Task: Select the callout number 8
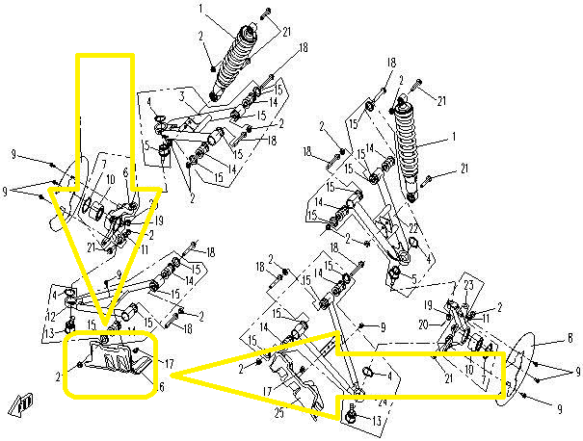(570, 338)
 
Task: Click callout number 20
(448, 324)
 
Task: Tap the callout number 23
(469, 285)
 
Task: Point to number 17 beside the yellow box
(170, 364)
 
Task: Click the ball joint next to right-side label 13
(351, 416)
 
